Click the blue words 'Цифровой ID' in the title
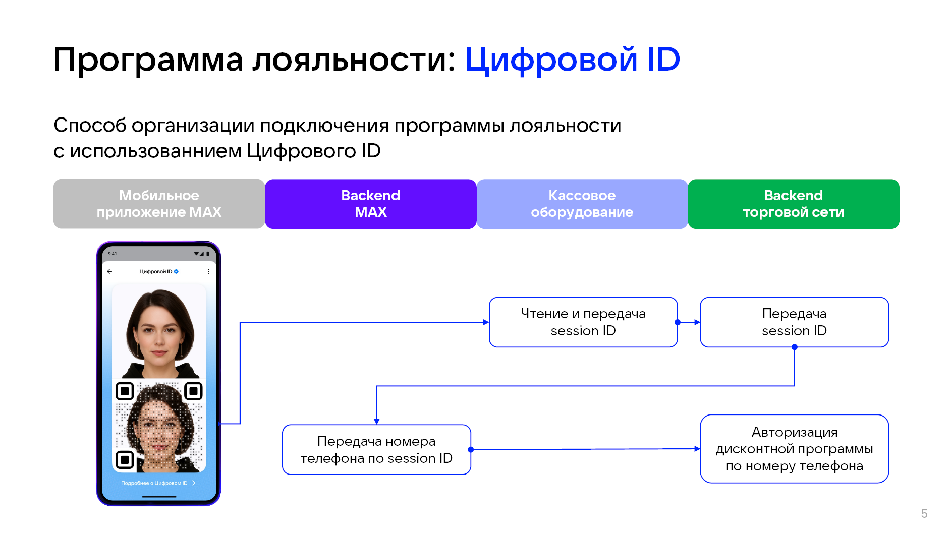pyautogui.click(x=572, y=60)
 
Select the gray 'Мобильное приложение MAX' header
pyautogui.click(x=159, y=204)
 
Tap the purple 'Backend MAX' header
pyautogui.click(x=371, y=204)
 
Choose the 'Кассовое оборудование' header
pyautogui.click(x=582, y=204)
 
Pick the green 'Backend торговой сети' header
pyautogui.click(x=793, y=204)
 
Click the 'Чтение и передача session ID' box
pyautogui.click(x=583, y=322)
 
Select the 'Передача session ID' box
pyautogui.click(x=794, y=322)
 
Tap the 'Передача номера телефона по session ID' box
pyautogui.click(x=376, y=449)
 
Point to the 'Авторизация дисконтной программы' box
pyautogui.click(x=794, y=449)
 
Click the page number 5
pyautogui.click(x=924, y=514)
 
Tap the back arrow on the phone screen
pyautogui.click(x=109, y=271)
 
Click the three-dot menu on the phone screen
pyautogui.click(x=208, y=271)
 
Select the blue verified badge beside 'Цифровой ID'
pyautogui.click(x=176, y=271)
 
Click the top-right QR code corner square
pyautogui.click(x=193, y=391)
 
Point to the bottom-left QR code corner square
pyautogui.click(x=125, y=459)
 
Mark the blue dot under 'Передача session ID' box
pyautogui.click(x=795, y=347)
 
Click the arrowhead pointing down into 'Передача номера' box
pyautogui.click(x=376, y=421)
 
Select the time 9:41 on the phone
pyautogui.click(x=113, y=254)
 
